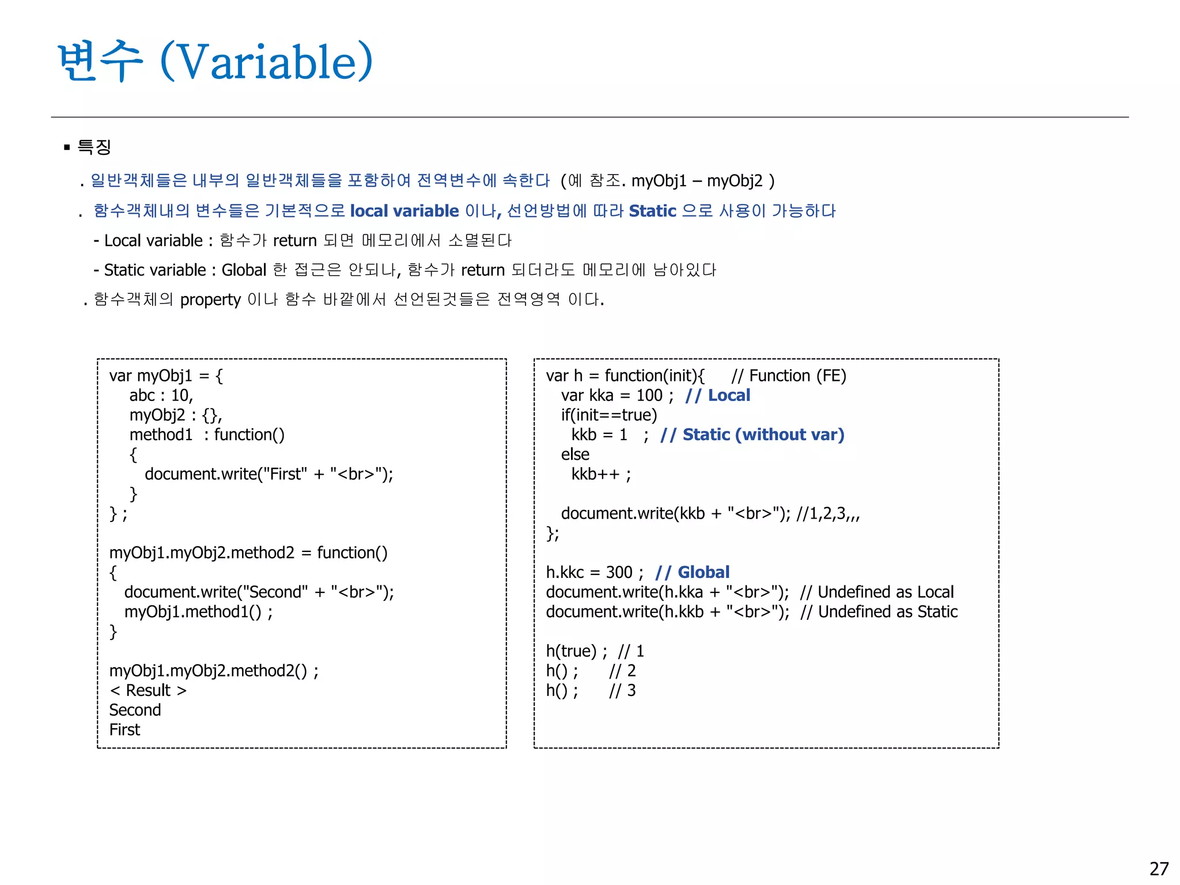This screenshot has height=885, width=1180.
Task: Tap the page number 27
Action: (x=1159, y=868)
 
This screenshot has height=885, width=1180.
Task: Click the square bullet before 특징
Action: (x=67, y=147)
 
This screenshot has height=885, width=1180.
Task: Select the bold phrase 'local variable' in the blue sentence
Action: (x=404, y=211)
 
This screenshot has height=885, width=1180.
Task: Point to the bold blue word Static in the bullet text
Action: (x=652, y=211)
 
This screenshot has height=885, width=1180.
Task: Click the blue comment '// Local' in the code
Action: (x=717, y=395)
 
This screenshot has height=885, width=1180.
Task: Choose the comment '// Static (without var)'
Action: (x=752, y=434)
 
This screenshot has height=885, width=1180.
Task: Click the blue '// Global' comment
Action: (x=692, y=572)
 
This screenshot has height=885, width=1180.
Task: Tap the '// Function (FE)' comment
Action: (x=788, y=376)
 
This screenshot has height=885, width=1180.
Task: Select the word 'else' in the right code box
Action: (x=575, y=455)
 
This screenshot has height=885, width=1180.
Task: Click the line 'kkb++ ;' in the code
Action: (x=601, y=474)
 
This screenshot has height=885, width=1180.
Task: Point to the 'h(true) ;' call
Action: (x=576, y=651)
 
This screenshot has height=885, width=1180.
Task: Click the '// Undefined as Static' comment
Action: (x=879, y=612)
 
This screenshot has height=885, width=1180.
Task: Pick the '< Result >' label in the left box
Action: (x=148, y=690)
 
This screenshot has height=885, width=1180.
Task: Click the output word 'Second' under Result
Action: (x=135, y=710)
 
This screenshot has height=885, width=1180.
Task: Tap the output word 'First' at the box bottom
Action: (x=124, y=730)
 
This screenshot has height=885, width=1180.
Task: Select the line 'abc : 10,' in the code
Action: (x=161, y=395)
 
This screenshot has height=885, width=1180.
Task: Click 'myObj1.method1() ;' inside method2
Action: (x=198, y=612)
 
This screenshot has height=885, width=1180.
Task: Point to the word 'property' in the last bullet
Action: (x=210, y=300)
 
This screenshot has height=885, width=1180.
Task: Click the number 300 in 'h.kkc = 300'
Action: (x=619, y=572)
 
